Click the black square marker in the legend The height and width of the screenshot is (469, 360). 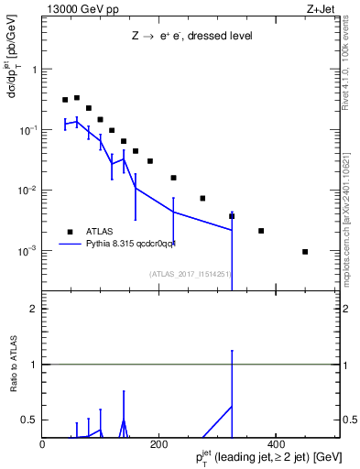(x=70, y=231)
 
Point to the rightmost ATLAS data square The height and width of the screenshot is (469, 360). (x=305, y=252)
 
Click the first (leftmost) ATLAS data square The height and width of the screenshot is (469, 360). (x=65, y=100)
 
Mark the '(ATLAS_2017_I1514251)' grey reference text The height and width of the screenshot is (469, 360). (x=188, y=273)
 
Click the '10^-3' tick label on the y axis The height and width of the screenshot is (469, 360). (x=26, y=251)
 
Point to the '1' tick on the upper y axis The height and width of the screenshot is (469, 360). (x=35, y=70)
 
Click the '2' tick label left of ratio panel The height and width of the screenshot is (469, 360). (x=34, y=309)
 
